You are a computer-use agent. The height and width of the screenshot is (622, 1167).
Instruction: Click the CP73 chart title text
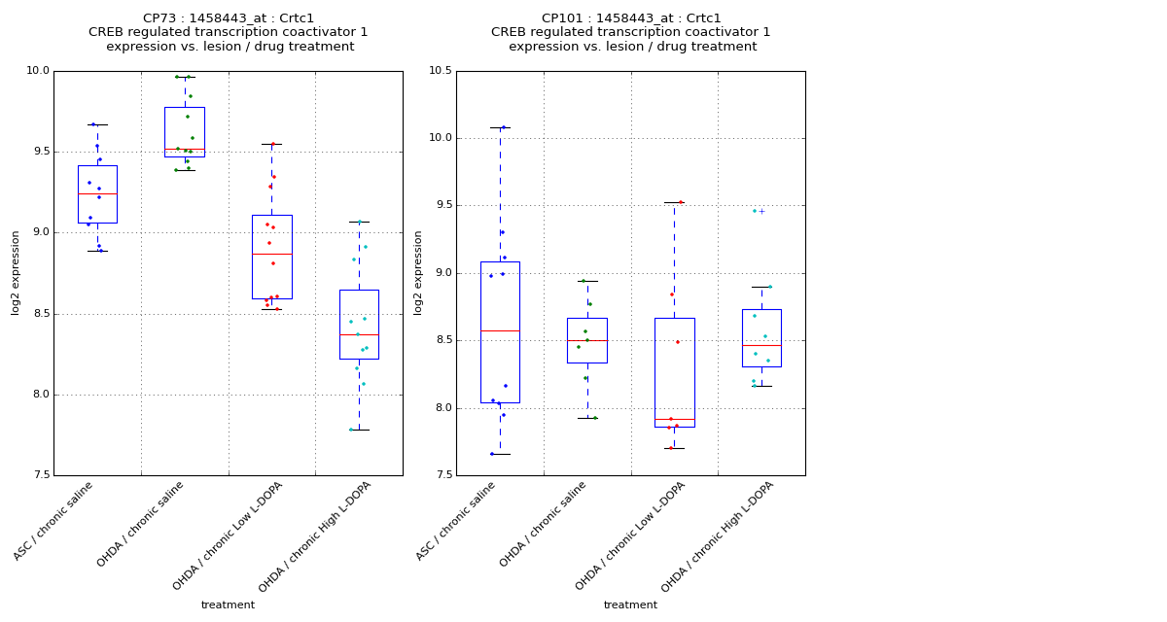tap(229, 32)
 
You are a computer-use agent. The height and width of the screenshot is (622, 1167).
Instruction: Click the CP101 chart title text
tap(631, 32)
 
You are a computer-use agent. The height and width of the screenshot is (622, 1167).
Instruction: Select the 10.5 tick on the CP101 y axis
tap(441, 71)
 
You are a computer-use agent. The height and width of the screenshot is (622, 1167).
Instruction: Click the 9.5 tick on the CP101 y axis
tap(442, 206)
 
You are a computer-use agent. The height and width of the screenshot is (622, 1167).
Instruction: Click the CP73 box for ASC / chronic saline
tap(97, 194)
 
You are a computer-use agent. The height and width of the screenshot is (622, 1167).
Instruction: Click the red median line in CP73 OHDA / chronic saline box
tap(184, 149)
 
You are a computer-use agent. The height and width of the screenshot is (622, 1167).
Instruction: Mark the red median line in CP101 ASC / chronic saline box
tap(500, 330)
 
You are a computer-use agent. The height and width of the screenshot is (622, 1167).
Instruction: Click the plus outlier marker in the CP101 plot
tap(761, 211)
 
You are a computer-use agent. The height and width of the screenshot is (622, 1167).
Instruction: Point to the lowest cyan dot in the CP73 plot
tap(351, 430)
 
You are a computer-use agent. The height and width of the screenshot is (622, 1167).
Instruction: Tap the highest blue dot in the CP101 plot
tap(503, 127)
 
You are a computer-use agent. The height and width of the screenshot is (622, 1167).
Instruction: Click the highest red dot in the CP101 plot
tap(680, 202)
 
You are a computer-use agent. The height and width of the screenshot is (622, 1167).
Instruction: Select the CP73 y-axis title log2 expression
tap(17, 272)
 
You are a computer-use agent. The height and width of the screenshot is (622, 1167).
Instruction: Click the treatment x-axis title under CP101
tap(630, 605)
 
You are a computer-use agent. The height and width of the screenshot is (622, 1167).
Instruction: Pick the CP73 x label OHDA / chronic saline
tap(141, 525)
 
